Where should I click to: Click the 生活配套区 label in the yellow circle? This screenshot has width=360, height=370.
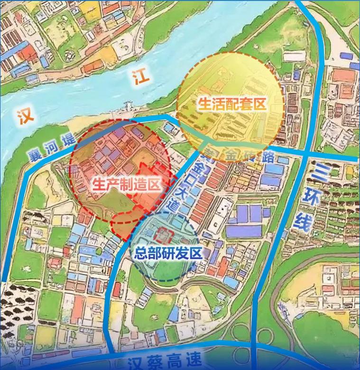pyautogui.click(x=231, y=104)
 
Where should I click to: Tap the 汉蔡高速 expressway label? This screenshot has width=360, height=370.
pyautogui.click(x=165, y=362)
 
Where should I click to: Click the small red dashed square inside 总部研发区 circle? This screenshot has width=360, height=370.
pyautogui.click(x=164, y=234)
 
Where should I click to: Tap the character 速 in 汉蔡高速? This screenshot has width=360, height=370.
pyautogui.click(x=194, y=361)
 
